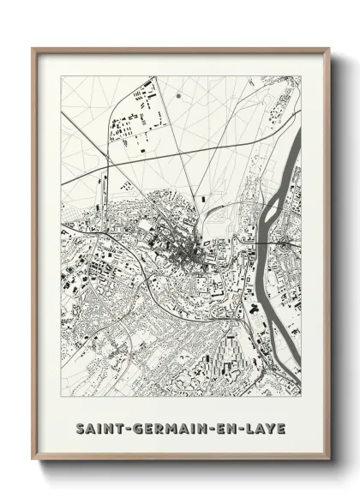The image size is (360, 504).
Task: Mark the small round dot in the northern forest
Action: click(x=178, y=95)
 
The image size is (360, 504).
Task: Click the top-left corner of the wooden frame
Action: click(x=33, y=49)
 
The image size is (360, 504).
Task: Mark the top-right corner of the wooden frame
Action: click(x=328, y=49)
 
